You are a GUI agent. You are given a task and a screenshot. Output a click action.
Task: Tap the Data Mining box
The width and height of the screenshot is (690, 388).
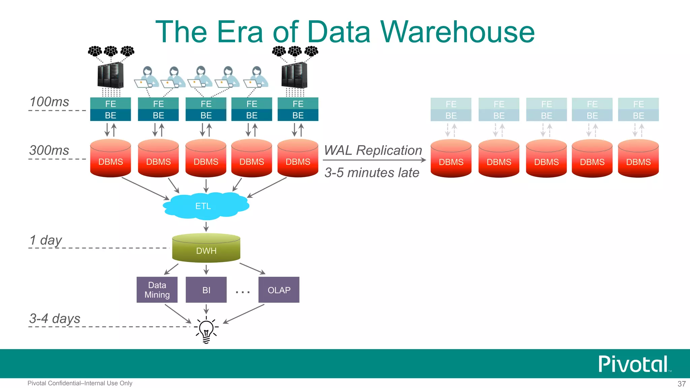[157, 290]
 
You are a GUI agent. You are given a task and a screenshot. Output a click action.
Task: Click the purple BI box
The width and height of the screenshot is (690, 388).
[206, 290]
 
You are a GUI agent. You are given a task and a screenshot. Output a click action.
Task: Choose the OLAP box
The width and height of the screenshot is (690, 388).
[279, 290]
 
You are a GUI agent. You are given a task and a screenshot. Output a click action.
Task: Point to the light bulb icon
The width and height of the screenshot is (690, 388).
[206, 330]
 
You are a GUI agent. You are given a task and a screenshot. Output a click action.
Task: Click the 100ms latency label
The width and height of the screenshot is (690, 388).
[49, 102]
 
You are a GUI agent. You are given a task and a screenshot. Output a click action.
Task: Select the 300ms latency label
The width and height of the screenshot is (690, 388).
[49, 150]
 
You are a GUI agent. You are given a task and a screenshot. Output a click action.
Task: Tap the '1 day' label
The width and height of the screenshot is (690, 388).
[46, 240]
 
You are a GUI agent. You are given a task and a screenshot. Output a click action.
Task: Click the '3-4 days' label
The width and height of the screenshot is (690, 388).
[55, 318]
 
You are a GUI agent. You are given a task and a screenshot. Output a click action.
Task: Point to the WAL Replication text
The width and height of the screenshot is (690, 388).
[373, 150]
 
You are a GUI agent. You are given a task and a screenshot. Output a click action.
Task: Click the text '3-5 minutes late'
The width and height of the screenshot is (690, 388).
[372, 172]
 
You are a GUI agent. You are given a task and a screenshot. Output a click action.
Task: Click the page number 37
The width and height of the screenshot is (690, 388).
[681, 384]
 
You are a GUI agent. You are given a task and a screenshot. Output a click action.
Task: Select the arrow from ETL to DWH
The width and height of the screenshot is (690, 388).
[206, 226]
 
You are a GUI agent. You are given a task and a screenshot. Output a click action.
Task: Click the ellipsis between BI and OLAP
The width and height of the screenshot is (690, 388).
[243, 292]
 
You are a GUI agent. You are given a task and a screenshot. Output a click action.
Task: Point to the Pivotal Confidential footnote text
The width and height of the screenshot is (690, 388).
[80, 383]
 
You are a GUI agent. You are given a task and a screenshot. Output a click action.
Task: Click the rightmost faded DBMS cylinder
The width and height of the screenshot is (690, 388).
[638, 158]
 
